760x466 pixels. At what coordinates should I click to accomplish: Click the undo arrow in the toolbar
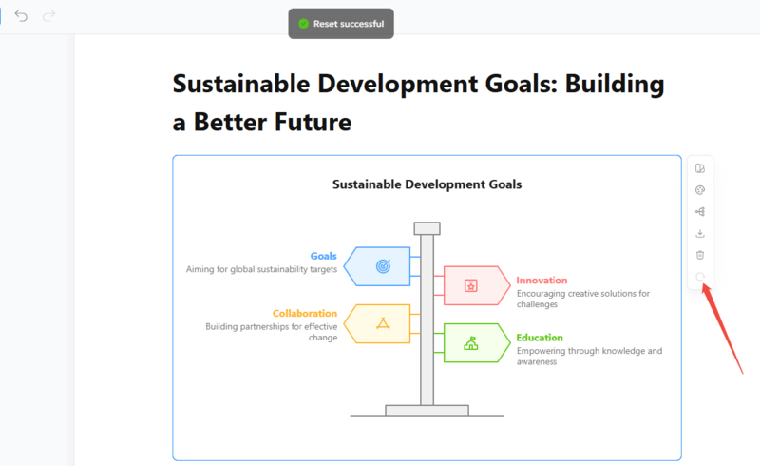point(21,16)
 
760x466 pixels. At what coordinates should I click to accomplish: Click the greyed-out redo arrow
point(49,16)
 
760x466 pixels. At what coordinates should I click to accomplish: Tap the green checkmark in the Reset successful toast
point(303,23)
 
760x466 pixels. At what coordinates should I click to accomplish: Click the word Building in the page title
point(615,84)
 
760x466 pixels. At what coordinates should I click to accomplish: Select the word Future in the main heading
point(313,122)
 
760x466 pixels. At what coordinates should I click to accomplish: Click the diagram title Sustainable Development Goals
point(427,184)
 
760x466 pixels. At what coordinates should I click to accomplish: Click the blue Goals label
point(323,256)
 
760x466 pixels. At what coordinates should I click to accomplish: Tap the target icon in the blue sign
point(383,266)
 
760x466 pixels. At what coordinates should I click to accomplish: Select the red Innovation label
point(541,281)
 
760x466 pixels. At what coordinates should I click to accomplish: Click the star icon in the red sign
point(470,285)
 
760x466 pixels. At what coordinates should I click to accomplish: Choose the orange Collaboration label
point(304,313)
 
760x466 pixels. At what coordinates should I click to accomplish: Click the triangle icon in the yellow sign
point(383,323)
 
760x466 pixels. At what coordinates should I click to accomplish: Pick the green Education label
point(540,338)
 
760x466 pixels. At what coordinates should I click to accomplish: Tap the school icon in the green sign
point(470,343)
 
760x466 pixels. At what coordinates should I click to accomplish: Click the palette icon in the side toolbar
point(700,190)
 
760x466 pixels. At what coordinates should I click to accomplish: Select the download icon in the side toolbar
point(700,234)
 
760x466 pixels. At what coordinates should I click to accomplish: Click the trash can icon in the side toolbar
point(700,255)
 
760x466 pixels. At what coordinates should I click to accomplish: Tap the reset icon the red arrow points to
point(700,277)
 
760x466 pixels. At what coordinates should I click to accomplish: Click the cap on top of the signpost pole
point(427,228)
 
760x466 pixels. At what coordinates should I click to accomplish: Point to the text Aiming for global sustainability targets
point(262,269)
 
